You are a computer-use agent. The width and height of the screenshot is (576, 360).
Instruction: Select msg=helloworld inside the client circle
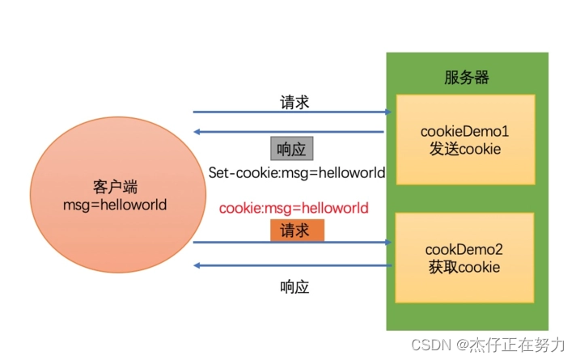115,205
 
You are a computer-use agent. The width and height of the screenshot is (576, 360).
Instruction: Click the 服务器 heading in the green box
466,78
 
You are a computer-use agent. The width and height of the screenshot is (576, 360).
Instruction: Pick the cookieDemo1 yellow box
465,139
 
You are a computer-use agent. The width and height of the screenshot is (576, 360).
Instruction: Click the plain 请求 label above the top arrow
294,103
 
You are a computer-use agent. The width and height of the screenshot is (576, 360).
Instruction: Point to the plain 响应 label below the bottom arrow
294,286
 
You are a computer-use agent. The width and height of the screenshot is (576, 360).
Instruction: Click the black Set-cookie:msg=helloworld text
296,172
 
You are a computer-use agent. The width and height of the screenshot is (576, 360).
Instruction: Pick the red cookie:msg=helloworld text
294,208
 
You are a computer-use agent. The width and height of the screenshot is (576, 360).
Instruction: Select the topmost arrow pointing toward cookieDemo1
292,112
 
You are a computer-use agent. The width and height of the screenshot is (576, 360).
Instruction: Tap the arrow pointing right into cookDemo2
292,242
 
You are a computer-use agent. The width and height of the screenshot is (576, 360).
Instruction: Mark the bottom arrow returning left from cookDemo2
292,266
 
